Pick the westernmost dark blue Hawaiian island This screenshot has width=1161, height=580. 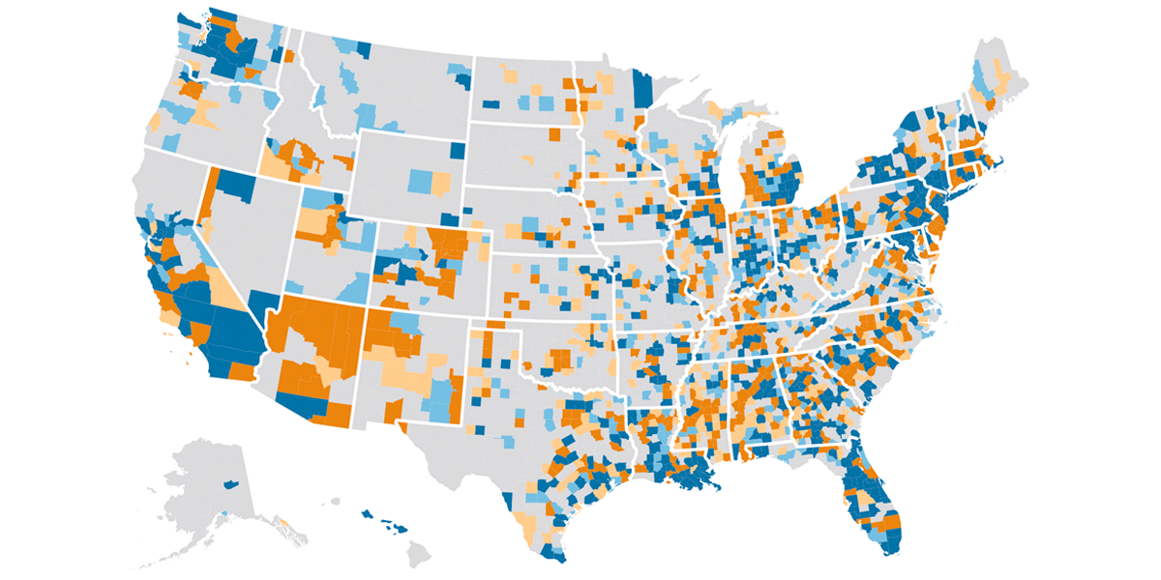tap(368, 513)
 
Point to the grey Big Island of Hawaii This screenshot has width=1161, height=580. tap(419, 553)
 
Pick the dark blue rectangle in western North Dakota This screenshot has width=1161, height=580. tap(491, 103)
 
